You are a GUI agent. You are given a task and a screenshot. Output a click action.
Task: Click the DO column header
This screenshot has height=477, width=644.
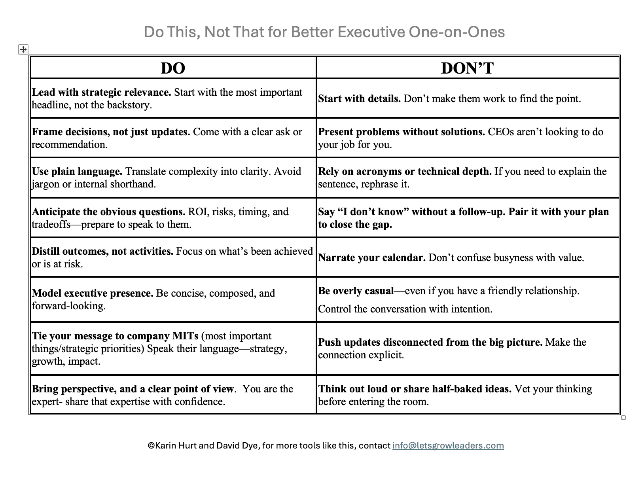click(173, 68)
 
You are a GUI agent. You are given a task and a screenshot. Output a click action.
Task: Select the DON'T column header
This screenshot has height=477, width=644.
click(467, 68)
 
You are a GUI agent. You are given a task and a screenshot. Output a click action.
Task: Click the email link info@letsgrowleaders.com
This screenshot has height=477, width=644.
click(448, 445)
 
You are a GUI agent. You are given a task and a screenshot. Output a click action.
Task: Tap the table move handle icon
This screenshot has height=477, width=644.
click(23, 49)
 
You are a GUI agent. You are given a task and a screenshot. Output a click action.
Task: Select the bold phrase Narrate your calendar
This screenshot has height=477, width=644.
click(372, 257)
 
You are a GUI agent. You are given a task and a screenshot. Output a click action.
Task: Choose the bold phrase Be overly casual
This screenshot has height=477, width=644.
click(356, 291)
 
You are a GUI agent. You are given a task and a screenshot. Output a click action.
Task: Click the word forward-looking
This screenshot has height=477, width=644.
click(68, 306)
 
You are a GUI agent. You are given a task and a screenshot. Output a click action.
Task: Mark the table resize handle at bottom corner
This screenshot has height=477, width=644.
click(623, 417)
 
